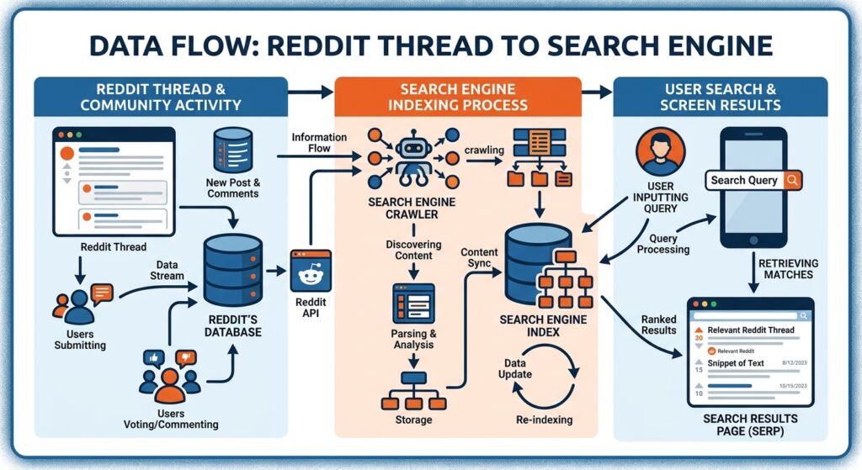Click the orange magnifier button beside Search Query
(x=791, y=180)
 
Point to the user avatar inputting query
(x=662, y=152)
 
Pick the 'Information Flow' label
(x=320, y=143)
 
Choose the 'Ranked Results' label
(x=658, y=325)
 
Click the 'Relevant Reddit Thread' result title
(x=751, y=330)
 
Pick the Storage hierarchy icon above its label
(x=413, y=393)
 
